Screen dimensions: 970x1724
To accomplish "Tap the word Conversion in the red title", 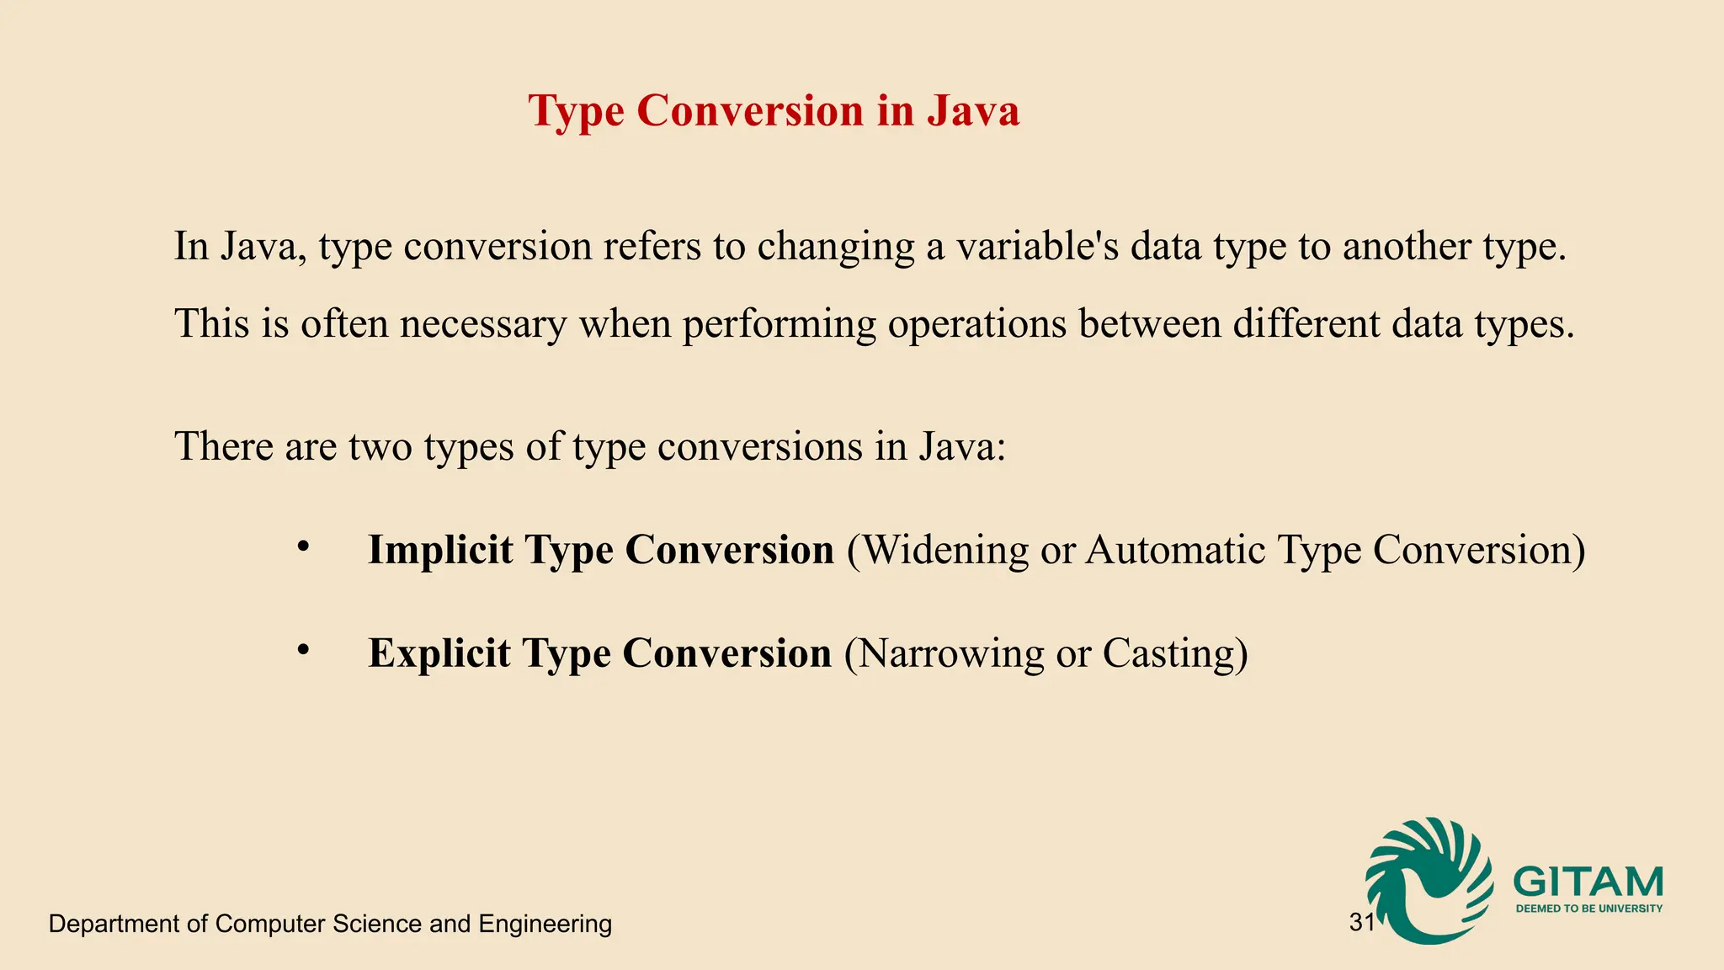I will [750, 111].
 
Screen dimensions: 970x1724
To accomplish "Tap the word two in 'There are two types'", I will [380, 446].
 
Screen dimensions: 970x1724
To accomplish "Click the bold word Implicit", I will [440, 550].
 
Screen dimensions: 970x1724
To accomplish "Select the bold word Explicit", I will [439, 653].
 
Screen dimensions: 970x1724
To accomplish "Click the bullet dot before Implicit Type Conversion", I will [304, 548].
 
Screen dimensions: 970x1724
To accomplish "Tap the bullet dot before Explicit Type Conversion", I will [304, 651].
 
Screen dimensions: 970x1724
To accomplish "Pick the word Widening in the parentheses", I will [946, 550].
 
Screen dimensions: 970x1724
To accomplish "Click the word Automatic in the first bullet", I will [1175, 550].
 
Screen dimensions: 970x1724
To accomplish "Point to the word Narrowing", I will [951, 653].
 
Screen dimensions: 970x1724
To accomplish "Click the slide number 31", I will [1361, 923].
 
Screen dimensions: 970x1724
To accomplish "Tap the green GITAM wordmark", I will [1588, 882].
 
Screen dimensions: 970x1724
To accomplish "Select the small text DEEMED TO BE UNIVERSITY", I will [1588, 909].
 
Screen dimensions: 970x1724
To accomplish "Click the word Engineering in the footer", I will [545, 924].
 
